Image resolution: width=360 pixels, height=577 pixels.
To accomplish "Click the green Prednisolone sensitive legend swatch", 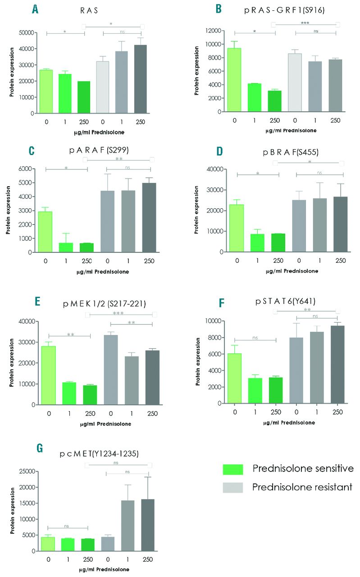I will [x=232, y=469].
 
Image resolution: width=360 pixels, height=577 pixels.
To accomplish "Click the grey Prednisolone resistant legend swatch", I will [x=232, y=487].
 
